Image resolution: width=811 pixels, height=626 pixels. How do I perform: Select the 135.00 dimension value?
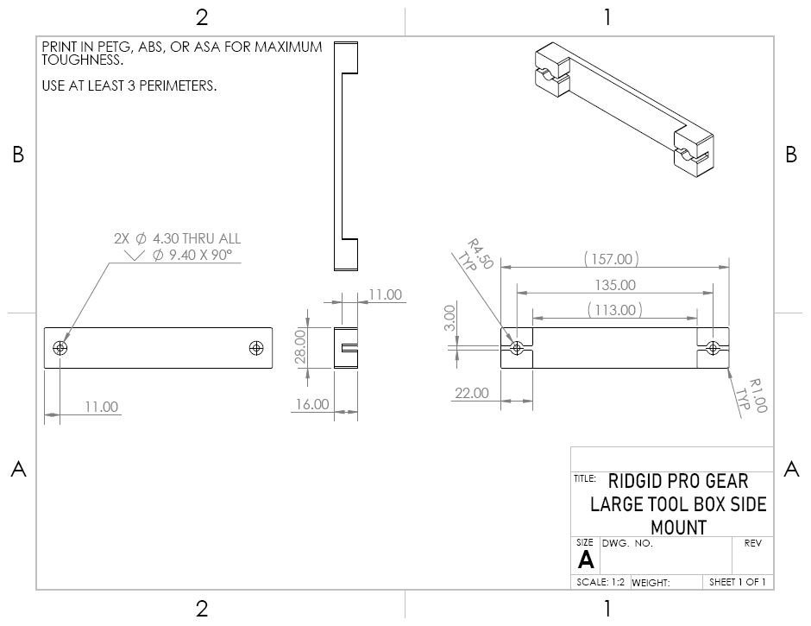coord(615,285)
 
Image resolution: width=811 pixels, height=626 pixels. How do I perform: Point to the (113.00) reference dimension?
coord(615,310)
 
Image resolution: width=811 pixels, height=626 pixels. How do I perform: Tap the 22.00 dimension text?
coord(472,393)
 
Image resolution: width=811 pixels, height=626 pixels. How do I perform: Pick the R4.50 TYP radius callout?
coord(476,256)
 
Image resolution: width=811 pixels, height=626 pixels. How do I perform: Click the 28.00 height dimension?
coord(300,347)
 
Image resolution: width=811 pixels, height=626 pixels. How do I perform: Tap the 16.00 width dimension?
coord(311,404)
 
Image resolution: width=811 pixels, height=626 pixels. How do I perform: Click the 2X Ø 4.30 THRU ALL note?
coord(178,238)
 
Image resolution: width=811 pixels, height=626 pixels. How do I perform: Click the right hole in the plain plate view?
coord(255,348)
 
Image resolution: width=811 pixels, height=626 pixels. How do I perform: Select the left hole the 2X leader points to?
coord(60,348)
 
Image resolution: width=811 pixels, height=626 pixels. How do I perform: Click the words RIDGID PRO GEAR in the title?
coord(678,481)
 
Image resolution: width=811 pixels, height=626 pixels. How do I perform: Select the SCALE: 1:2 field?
coord(600,582)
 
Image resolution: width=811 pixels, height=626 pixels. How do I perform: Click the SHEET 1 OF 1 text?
coord(737,582)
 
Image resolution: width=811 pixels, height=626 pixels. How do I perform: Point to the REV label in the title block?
coord(752,543)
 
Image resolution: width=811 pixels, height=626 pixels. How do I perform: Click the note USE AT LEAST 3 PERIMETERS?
coord(129,85)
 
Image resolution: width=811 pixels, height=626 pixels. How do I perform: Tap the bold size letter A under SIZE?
coord(586,560)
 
